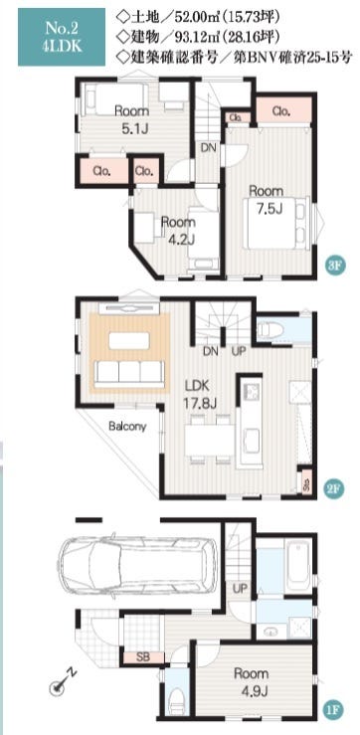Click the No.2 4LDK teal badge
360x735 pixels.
61,37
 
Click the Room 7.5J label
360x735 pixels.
266,199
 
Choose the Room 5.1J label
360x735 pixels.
132,119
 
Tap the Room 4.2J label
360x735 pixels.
178,230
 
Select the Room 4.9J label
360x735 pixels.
252,681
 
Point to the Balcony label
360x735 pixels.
127,427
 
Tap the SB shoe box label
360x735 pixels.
142,657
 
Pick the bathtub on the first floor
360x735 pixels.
296,566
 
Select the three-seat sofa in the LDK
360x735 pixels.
129,374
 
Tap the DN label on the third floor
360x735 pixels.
209,147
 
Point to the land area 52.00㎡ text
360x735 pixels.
198,18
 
